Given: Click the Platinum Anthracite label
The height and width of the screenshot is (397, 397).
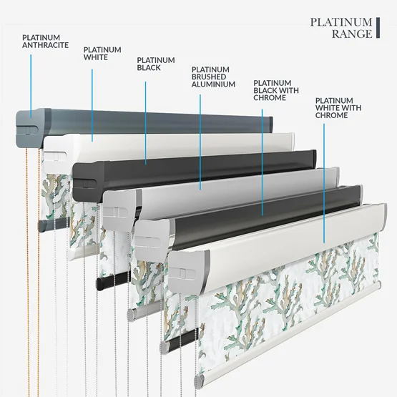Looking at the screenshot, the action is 45,41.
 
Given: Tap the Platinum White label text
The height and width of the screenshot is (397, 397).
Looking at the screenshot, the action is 102,54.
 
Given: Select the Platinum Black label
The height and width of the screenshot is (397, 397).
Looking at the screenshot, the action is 156,64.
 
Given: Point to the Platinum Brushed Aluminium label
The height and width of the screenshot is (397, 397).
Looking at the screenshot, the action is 213,77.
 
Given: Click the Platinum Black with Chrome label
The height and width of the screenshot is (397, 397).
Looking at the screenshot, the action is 276,90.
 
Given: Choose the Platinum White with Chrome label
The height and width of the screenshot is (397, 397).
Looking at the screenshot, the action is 338,108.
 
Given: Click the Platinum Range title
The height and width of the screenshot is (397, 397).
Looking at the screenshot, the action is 341,28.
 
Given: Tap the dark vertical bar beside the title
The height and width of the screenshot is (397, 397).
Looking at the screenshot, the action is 378,28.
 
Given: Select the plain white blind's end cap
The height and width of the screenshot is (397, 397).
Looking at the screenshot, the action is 58,151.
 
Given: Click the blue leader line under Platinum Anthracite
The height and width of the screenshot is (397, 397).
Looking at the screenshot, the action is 31,86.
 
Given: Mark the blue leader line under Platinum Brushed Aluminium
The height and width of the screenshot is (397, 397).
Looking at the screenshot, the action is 200,142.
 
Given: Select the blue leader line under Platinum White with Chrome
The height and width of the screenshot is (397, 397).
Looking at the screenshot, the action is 324,183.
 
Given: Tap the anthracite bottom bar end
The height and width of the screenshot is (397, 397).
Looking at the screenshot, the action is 41,225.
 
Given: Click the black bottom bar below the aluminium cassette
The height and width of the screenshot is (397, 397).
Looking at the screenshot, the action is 113,280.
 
